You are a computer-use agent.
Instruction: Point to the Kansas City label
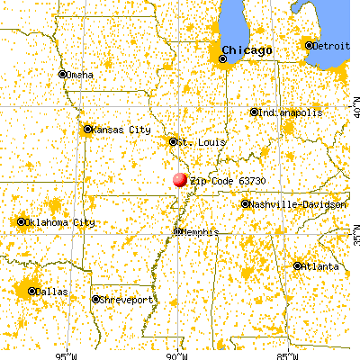[x=121, y=130]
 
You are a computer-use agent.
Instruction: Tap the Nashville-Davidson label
[x=298, y=204]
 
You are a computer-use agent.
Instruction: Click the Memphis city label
[x=201, y=231]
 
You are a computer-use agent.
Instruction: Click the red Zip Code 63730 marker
[x=180, y=180]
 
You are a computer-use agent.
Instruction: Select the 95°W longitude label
[x=66, y=354]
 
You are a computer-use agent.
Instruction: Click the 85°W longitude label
[x=289, y=354]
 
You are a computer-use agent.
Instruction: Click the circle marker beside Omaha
[x=62, y=75]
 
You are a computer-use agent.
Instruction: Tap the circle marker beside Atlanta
[x=298, y=265]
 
